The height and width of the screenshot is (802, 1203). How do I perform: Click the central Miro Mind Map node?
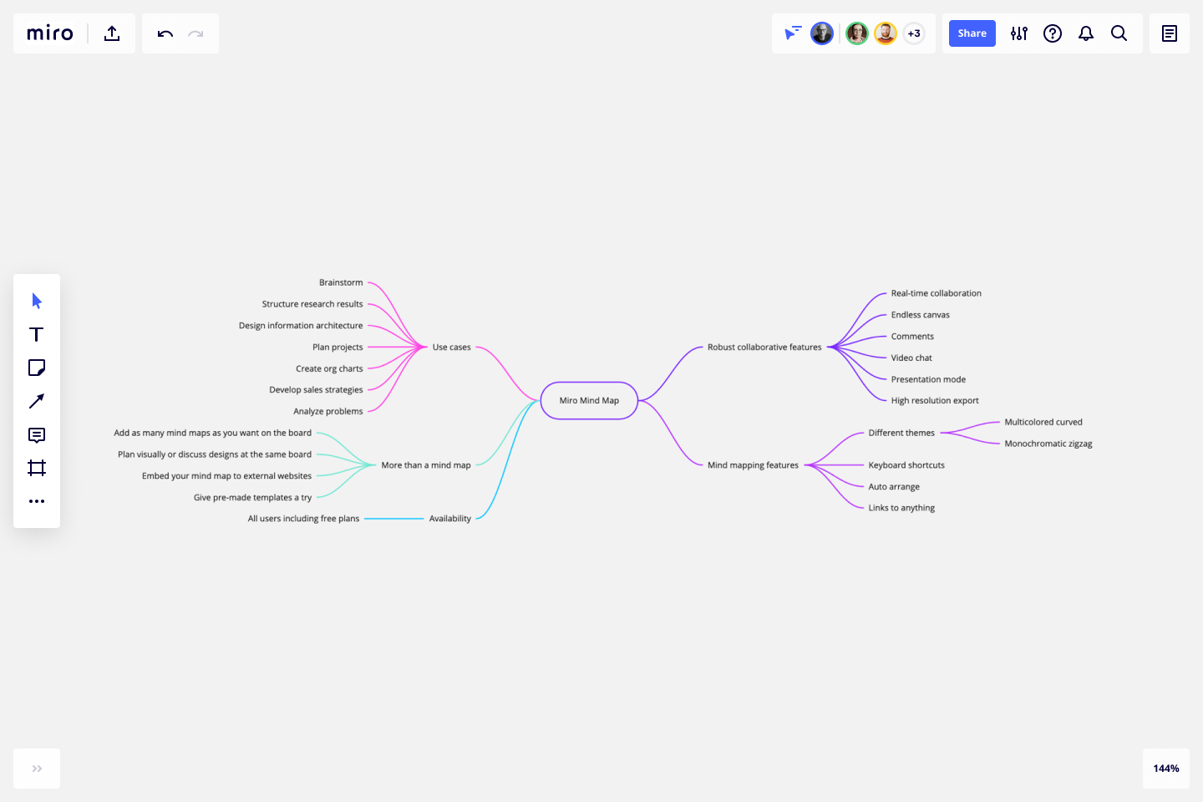tap(589, 401)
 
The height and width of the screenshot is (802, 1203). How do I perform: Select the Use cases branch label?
tap(451, 348)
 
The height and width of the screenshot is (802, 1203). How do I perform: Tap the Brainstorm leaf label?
tap(341, 283)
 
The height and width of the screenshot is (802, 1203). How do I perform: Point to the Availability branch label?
tap(449, 519)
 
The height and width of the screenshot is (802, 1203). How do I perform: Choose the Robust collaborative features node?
tap(764, 348)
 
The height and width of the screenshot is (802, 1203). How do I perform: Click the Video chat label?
tap(911, 358)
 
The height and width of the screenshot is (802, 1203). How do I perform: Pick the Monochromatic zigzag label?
tap(1048, 444)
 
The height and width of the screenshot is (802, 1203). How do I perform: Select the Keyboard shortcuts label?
tap(906, 465)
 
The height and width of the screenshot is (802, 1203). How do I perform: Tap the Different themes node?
tap(901, 434)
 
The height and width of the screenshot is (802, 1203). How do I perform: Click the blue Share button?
tap(972, 33)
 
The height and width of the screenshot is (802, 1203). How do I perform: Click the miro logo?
tap(50, 33)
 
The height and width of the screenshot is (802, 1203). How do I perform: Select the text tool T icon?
tap(37, 335)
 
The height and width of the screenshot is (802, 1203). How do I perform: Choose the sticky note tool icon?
tap(37, 368)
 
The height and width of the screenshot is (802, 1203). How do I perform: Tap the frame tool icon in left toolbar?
tap(37, 468)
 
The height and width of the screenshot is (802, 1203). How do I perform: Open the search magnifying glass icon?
tap(1119, 33)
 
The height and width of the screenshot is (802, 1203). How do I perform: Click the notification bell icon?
tap(1085, 33)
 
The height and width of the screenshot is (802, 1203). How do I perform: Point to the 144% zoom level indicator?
tap(1165, 769)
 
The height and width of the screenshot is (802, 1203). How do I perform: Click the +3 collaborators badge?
tap(914, 33)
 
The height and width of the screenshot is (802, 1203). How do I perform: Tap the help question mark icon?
tap(1053, 33)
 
